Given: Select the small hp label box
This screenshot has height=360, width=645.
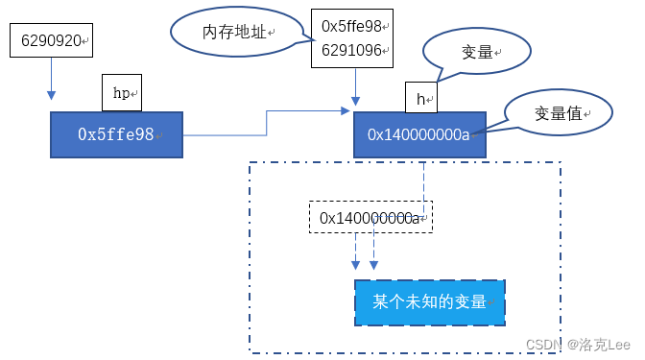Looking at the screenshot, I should (122, 93).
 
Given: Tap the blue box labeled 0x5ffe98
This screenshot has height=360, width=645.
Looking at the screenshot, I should (116, 134).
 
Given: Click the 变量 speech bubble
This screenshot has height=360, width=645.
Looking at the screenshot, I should (476, 52).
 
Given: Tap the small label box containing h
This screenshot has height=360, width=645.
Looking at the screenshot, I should (420, 98).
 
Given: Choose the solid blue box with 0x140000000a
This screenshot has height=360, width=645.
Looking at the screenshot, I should (420, 134).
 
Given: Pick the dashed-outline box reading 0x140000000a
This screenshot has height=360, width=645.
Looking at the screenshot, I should (370, 218).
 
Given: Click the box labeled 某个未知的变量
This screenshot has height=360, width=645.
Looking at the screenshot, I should (430, 302).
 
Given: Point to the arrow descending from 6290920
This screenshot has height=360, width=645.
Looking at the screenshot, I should (50, 80).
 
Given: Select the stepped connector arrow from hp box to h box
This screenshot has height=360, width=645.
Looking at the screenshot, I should (267, 122).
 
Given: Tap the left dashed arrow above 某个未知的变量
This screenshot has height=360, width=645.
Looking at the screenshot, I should (355, 252).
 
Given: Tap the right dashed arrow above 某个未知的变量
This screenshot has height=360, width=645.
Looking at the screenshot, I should (373, 252).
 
